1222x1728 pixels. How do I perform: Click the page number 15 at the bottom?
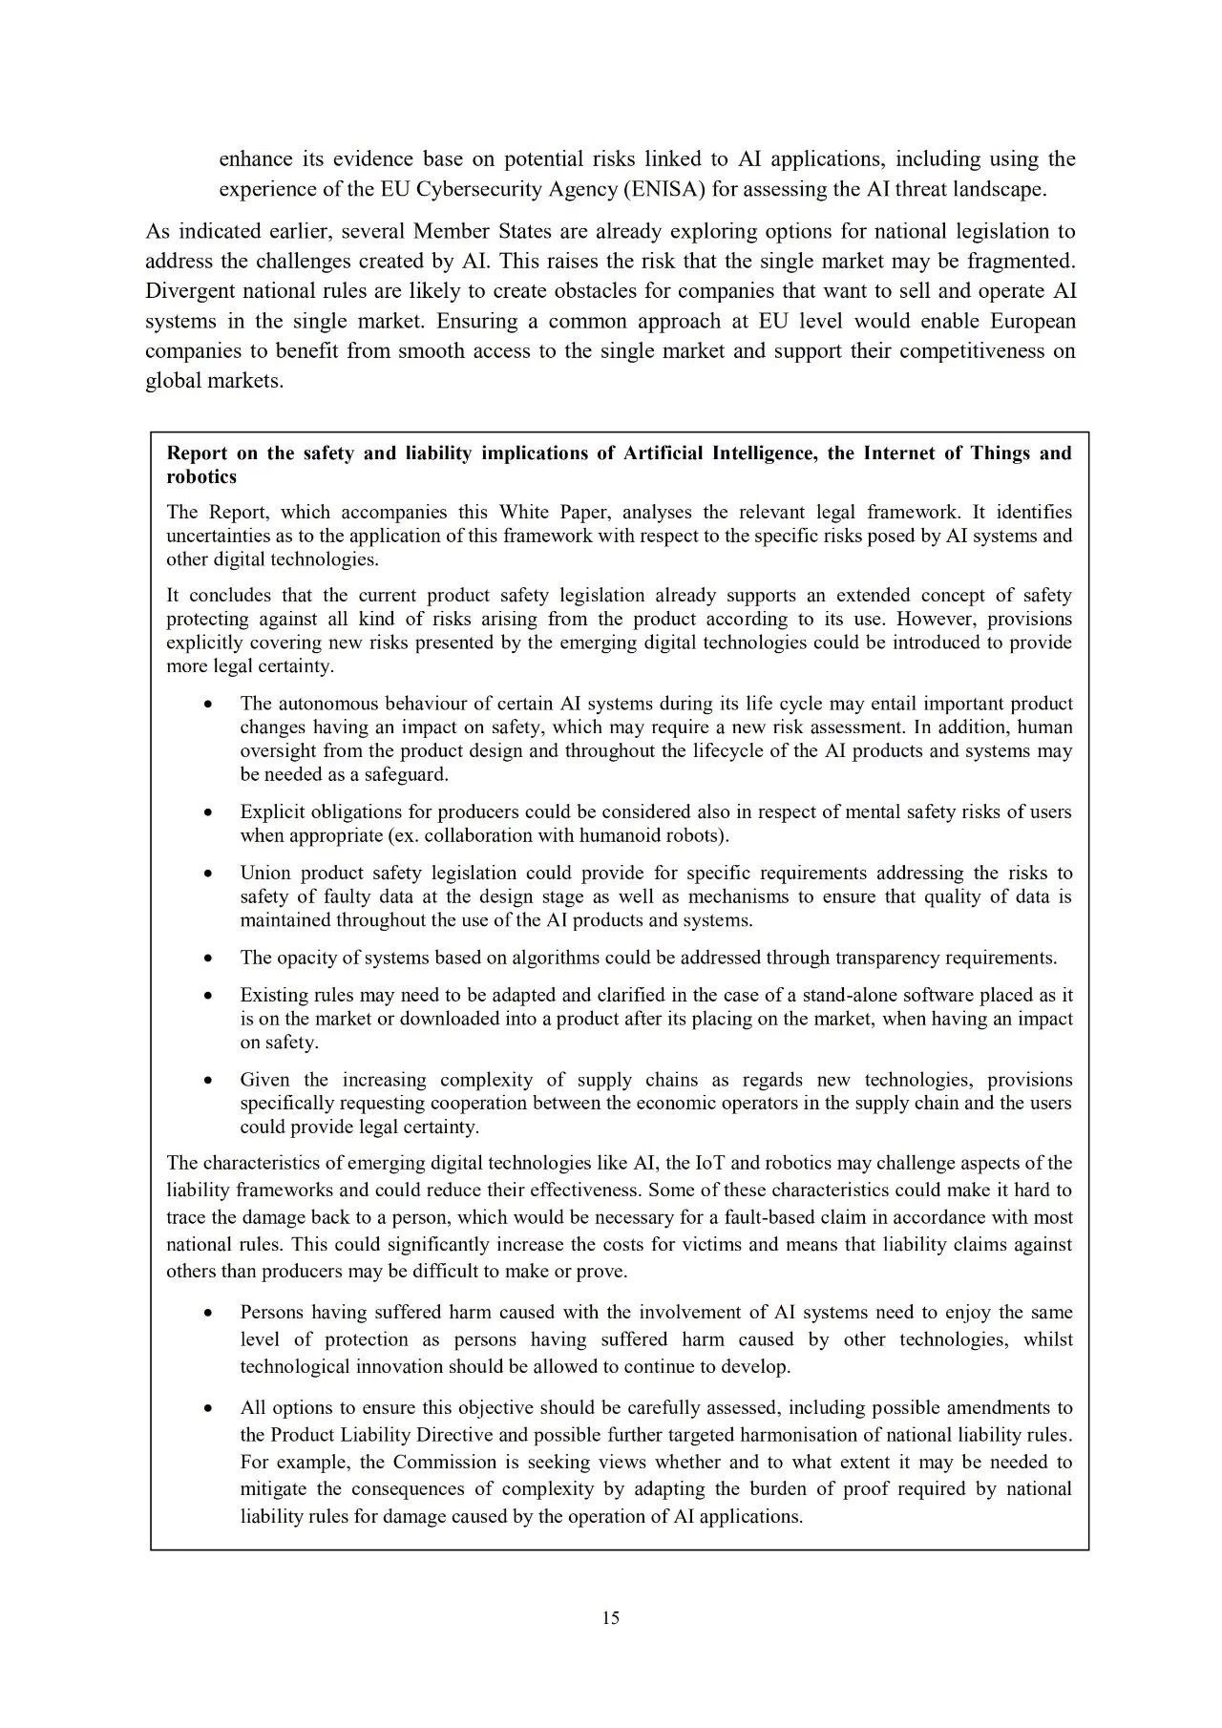click(x=611, y=1617)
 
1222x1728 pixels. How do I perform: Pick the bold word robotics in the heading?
click(x=201, y=476)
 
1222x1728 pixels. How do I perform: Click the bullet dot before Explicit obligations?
click(x=208, y=812)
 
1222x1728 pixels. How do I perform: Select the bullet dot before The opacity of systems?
click(x=208, y=958)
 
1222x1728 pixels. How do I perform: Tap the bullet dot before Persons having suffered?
click(x=208, y=1313)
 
